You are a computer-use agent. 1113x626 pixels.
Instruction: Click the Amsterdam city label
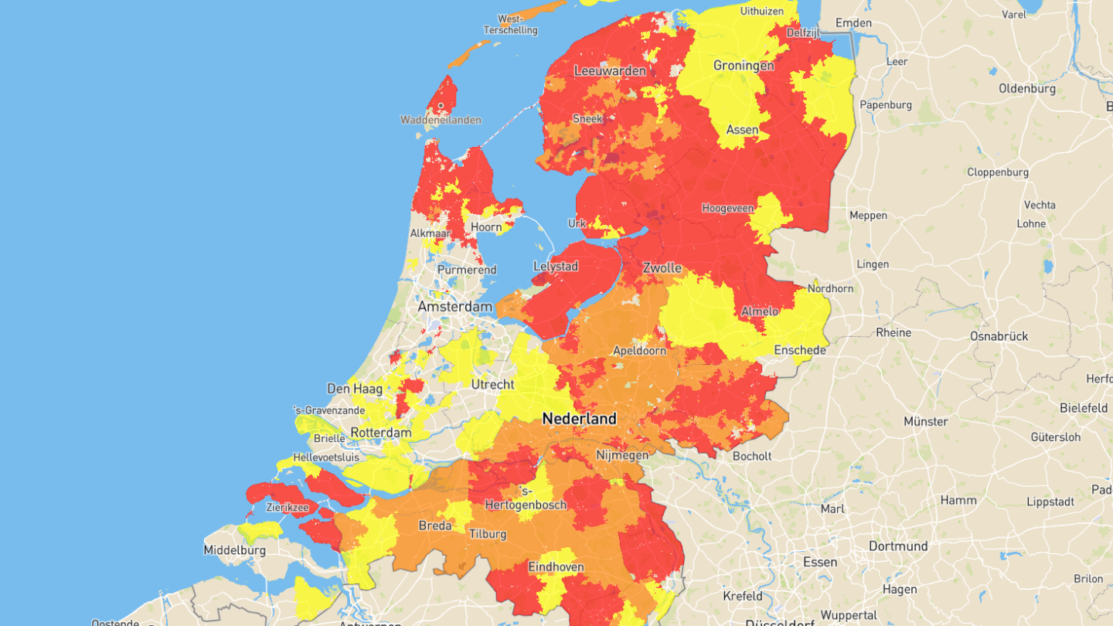(454, 307)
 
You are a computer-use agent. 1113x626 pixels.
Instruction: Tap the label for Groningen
(743, 66)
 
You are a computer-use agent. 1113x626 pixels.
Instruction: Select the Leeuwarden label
(610, 71)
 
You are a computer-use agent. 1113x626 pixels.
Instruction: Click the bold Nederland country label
(579, 419)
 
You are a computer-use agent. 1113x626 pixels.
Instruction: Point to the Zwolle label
(662, 268)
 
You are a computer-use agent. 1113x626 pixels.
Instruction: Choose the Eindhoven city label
(556, 567)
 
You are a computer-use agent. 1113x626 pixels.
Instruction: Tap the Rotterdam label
(380, 433)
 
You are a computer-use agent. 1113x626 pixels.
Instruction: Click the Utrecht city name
(492, 384)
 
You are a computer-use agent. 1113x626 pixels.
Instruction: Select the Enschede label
(799, 350)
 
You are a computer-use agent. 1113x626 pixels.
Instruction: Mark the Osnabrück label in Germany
(999, 336)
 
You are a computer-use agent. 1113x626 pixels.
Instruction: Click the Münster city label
(925, 422)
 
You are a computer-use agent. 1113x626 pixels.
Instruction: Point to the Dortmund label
(897, 546)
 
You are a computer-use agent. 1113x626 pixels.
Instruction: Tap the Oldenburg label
(1026, 89)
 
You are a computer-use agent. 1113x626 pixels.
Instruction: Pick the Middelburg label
(234, 550)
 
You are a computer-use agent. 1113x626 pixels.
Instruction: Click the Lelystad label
(556, 267)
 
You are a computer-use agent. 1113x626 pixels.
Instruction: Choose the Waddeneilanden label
(441, 120)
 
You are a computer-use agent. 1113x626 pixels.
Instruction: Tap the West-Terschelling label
(510, 24)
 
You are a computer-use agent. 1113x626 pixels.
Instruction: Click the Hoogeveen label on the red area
(727, 208)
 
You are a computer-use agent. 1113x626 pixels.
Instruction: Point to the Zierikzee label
(288, 509)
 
